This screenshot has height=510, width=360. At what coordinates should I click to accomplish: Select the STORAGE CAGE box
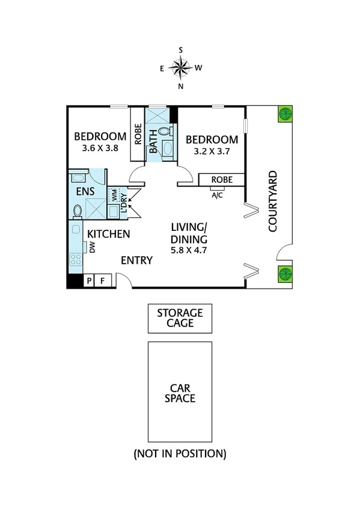[180, 318]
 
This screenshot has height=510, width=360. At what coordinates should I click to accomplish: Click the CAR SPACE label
[180, 392]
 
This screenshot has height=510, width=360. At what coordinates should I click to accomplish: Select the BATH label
[153, 141]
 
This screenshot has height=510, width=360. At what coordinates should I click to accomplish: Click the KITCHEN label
[109, 233]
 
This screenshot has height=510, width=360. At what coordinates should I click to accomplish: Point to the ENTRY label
[136, 260]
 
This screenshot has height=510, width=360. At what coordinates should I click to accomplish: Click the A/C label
[217, 195]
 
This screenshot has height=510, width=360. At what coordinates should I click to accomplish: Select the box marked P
[90, 280]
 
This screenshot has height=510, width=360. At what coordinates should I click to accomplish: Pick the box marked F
[102, 280]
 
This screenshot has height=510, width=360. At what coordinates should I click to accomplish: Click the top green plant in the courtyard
[285, 114]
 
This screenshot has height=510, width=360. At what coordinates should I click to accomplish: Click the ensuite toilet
[78, 210]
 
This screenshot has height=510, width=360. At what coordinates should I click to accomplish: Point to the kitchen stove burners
[76, 259]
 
